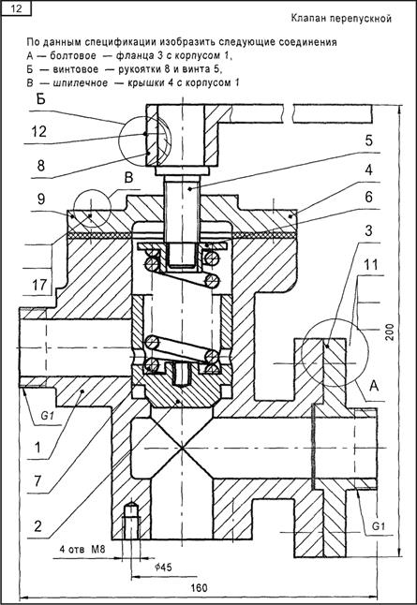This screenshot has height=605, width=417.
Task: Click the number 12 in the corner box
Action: pyautogui.click(x=17, y=8)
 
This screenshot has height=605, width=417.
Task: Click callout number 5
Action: pyautogui.click(x=368, y=140)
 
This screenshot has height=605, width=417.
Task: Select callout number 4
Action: pyautogui.click(x=368, y=170)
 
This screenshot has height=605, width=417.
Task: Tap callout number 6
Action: pyautogui.click(x=368, y=198)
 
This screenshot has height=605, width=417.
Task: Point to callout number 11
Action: pyautogui.click(x=371, y=265)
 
